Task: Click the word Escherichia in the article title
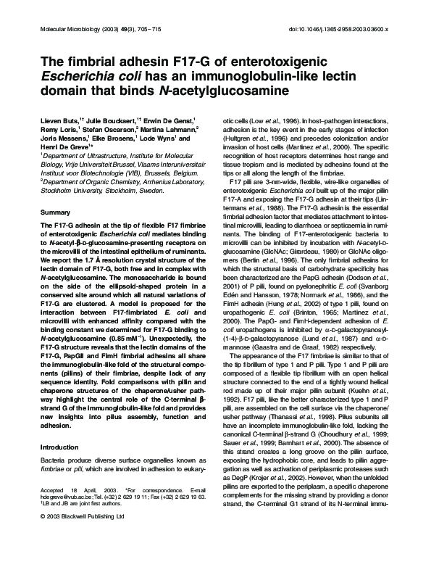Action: point(71,76)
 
